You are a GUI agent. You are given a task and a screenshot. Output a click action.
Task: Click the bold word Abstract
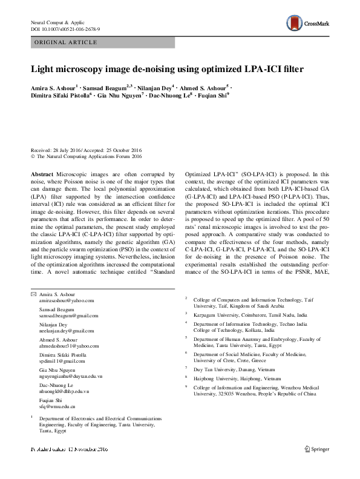(41, 174)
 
